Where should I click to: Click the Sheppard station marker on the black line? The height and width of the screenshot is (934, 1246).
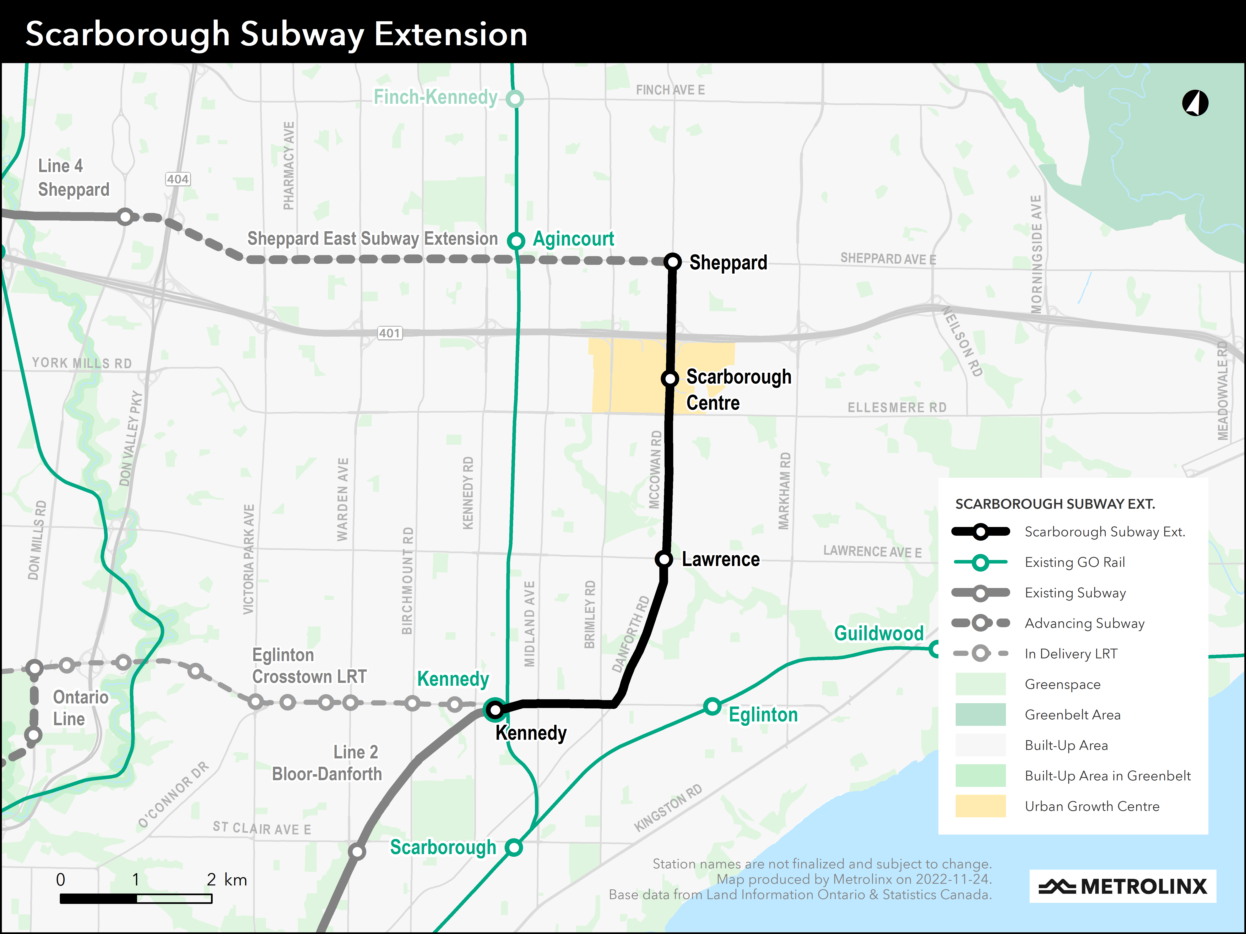[x=673, y=262]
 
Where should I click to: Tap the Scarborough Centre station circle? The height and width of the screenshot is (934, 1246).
[x=670, y=378]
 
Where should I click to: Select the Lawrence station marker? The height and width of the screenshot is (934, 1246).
[x=664, y=559]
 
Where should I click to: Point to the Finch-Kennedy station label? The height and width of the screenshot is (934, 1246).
[x=435, y=97]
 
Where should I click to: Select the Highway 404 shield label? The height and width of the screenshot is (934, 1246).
[x=177, y=179]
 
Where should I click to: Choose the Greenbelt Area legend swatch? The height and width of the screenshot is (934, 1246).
[x=980, y=714]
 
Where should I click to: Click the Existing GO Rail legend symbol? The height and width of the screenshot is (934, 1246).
[x=980, y=562]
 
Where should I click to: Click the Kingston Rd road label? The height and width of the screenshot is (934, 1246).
[x=668, y=807]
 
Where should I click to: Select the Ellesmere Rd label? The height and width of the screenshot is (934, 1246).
[x=897, y=407]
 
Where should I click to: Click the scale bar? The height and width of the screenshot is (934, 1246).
[x=136, y=899]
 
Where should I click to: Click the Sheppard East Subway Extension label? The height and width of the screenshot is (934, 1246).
[x=372, y=239]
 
